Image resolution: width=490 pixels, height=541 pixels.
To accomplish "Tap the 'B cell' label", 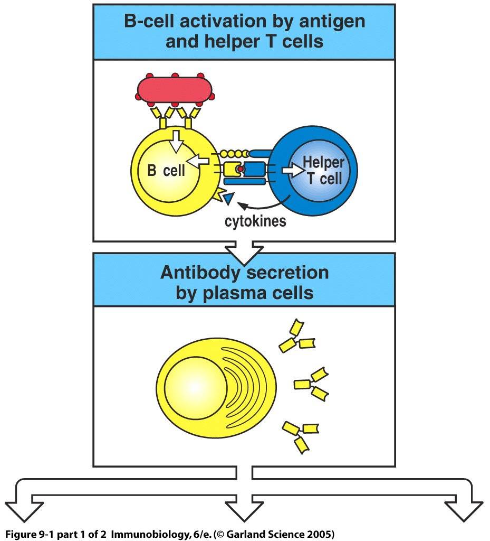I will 166,171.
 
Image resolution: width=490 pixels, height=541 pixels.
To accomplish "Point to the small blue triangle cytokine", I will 228,199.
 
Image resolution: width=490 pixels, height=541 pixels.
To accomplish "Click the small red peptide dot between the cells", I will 240,170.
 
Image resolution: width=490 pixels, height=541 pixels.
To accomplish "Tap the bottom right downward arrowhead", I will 463,509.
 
